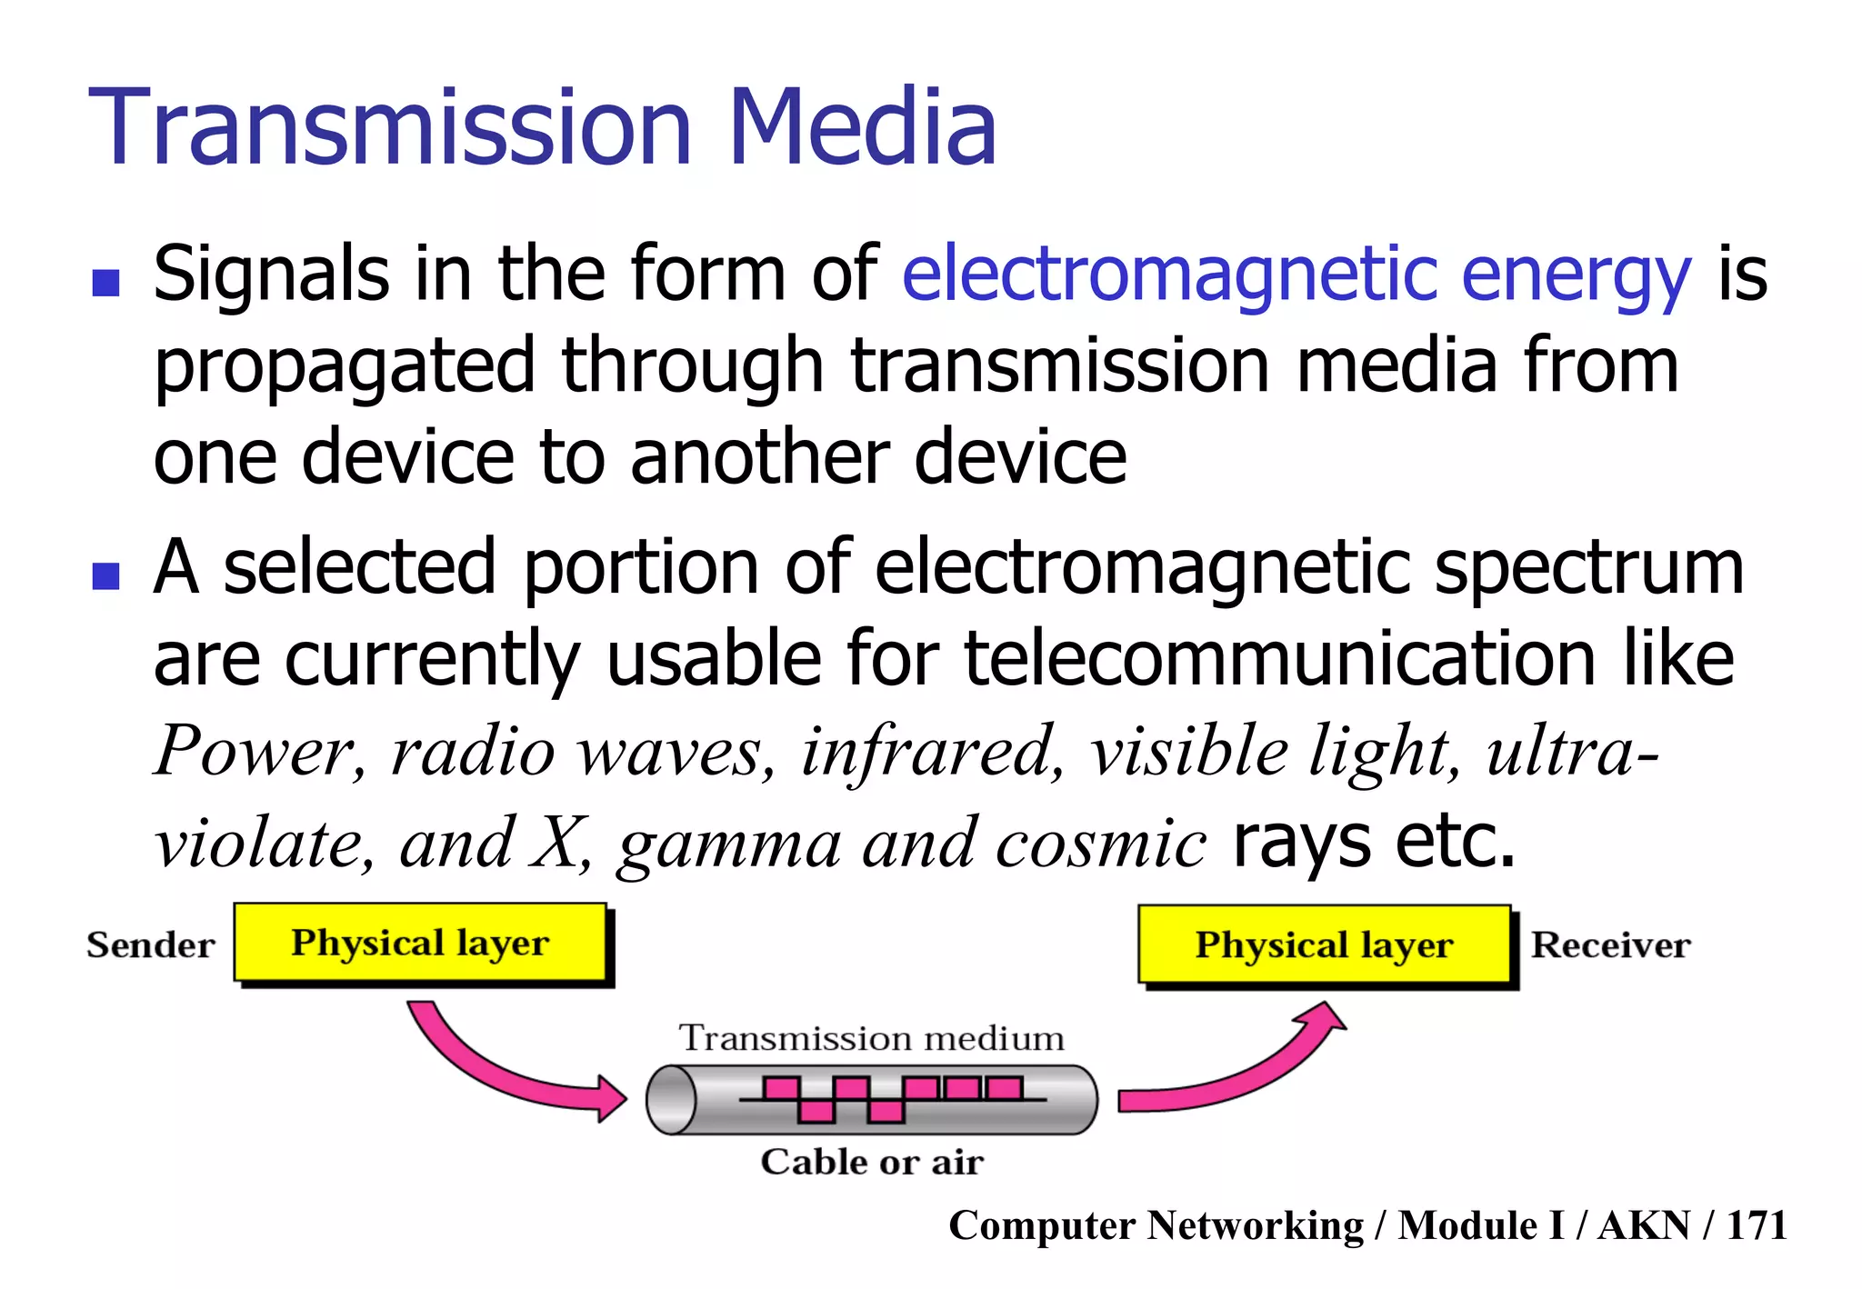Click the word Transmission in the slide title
[392, 127]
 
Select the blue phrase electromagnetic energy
[1296, 275]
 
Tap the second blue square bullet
[106, 575]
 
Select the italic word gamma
[729, 844]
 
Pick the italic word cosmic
[1101, 844]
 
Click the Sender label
[151, 945]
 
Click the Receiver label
[1610, 945]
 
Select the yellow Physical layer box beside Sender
[420, 943]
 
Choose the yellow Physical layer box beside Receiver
[1324, 945]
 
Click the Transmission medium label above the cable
[871, 1038]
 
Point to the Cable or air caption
[871, 1162]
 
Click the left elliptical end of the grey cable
[671, 1100]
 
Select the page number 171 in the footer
[1757, 1225]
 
